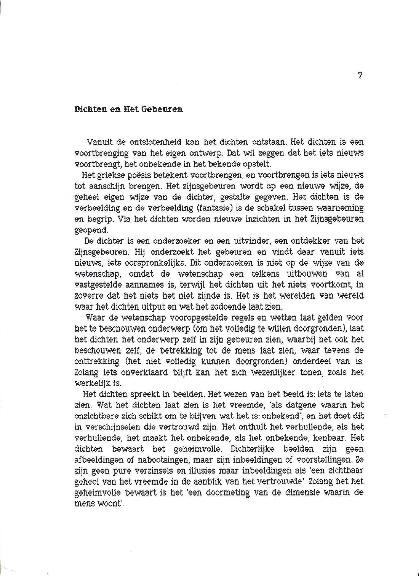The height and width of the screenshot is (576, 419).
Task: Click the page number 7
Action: tap(360, 76)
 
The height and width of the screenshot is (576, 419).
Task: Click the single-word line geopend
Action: tap(91, 230)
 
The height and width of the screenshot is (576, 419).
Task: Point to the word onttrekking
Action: tap(97, 361)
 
